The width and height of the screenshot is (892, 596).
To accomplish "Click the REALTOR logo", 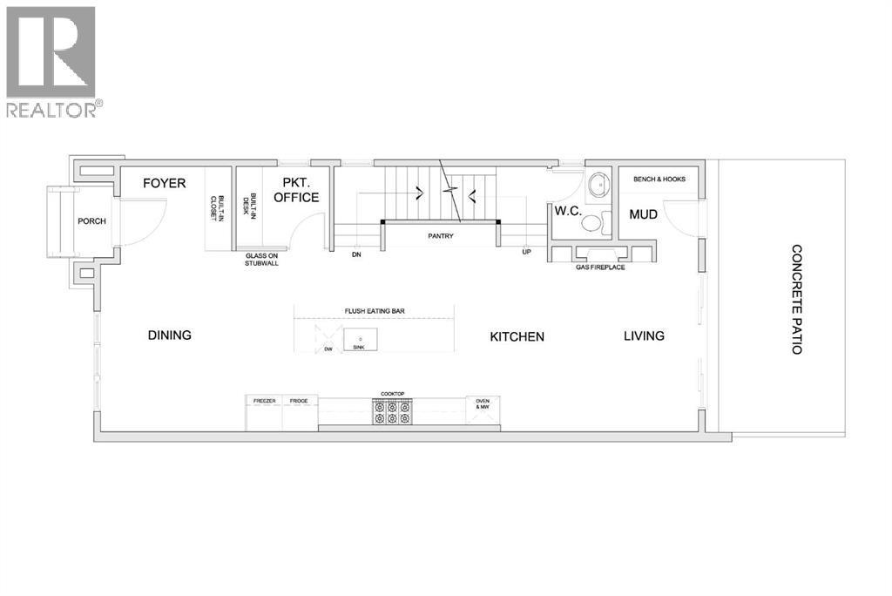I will coord(51,61).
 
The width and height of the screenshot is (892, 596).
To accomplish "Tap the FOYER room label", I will coord(165,184).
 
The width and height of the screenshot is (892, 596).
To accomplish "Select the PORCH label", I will coord(91,221).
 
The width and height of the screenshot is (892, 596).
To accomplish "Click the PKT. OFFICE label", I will coord(296,190).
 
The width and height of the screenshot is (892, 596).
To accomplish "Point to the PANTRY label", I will coord(440,236).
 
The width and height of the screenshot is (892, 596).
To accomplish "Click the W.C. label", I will coord(569,210).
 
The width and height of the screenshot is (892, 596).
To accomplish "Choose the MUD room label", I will coord(643,213).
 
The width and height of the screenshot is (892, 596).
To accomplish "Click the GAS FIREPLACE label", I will coord(601,268).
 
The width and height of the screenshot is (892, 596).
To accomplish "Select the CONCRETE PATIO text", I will coord(796,299).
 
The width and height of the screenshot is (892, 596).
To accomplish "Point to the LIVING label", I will coord(644,335).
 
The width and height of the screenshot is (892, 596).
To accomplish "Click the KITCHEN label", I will coord(517,336).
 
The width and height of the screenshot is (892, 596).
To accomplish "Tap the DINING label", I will coord(169,335).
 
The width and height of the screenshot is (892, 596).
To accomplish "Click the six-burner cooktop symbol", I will coord(392,411).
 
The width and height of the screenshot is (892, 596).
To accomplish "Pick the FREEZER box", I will coord(264,402).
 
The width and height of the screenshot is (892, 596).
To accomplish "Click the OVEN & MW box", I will coord(483,404).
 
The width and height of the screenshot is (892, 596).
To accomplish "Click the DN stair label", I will coord(356,255).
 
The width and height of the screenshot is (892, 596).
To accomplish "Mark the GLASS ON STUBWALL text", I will coord(261,259).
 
